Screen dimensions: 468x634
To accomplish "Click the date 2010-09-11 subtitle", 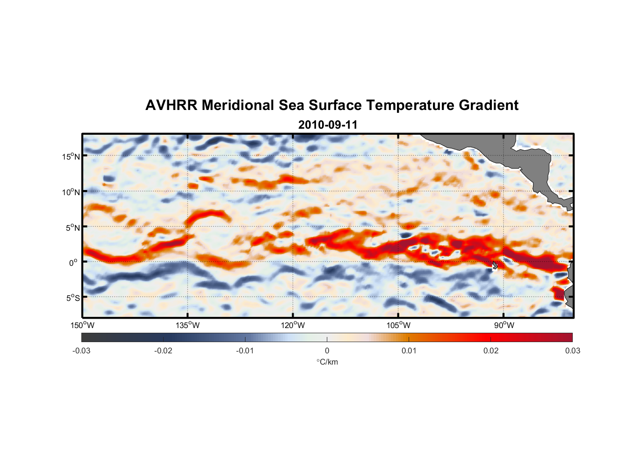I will coord(327,125).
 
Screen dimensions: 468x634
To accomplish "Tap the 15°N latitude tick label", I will coord(71,156).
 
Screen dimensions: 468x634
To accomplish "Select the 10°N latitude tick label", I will coord(71,192).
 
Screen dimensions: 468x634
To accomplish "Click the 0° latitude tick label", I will coord(73,263).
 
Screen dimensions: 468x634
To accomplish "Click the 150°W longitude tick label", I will coord(82,325).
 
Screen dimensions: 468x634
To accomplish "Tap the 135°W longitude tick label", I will coord(187,325).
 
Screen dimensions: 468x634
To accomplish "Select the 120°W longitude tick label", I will coord(293,325).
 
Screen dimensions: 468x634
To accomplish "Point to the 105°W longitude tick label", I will coord(398,325).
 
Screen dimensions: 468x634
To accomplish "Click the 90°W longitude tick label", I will coord(504,325).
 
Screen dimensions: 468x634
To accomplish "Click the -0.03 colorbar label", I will coord(81,351).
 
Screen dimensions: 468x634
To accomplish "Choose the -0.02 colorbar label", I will coord(163,351).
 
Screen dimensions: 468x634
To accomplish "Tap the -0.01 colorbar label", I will coord(245,351).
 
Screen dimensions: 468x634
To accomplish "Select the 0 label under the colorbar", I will coord(327,351).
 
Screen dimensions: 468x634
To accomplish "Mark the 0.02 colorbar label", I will coord(491,351).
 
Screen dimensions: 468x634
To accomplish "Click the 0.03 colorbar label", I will coord(572,351).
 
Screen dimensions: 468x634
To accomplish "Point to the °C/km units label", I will coord(327,362).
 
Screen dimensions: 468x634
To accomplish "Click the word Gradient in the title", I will coord(489,105).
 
